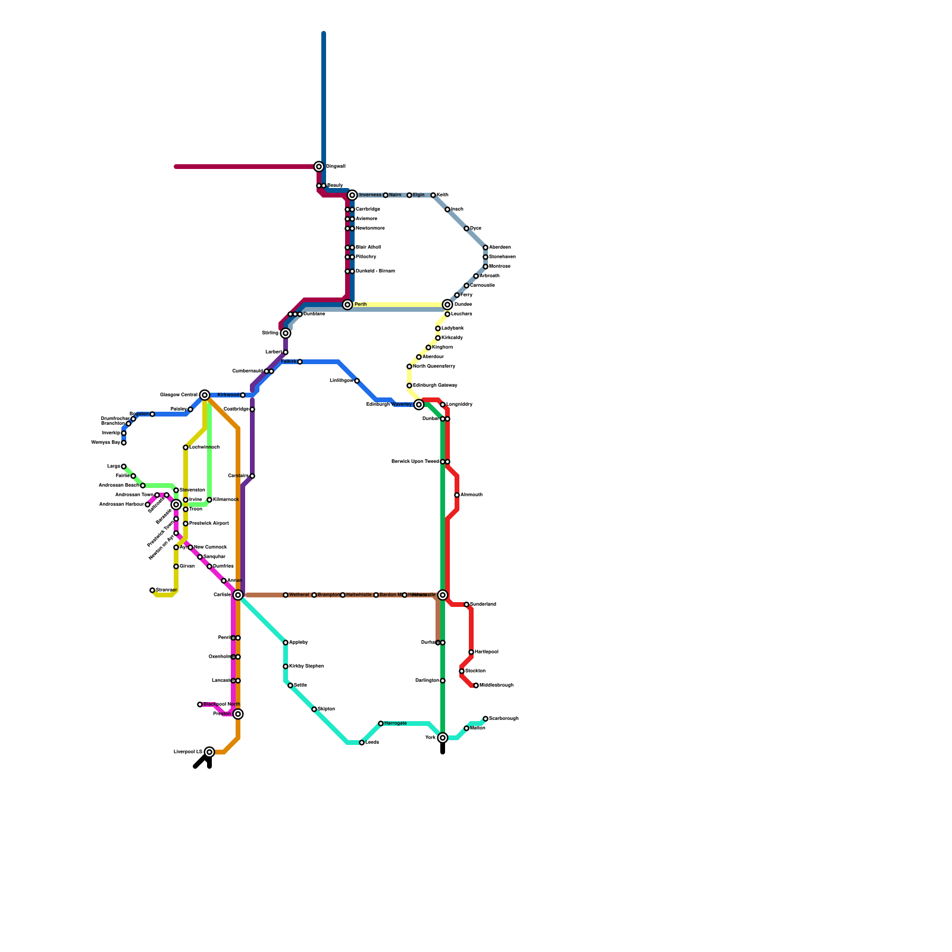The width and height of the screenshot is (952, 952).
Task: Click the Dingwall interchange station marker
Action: click(319, 167)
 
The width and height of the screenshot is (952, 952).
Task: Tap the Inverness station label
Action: click(370, 195)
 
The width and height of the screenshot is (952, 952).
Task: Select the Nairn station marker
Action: click(386, 195)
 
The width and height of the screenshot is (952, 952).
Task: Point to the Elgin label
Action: click(418, 195)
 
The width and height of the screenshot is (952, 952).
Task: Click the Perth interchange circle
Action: click(347, 305)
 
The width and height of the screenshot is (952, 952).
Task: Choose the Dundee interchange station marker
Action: click(447, 305)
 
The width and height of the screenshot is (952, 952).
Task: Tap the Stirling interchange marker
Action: click(286, 333)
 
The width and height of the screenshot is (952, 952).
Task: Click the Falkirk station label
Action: click(289, 362)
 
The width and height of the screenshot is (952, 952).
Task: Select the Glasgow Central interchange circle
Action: click(205, 395)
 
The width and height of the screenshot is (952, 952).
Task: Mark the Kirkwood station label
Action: click(228, 395)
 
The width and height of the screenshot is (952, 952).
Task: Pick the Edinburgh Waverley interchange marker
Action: click(419, 405)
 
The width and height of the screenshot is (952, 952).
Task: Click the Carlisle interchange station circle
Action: click(238, 595)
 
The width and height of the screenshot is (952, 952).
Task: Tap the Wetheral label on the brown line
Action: click(299, 595)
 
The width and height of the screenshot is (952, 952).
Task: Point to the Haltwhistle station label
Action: click(359, 595)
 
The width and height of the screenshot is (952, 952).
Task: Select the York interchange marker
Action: click(443, 738)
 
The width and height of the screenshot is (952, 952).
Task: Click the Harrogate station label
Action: click(396, 724)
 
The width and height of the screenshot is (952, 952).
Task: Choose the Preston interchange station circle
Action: click(238, 714)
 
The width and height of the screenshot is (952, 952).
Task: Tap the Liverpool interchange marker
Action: click(209, 752)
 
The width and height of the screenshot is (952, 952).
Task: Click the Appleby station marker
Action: click(286, 643)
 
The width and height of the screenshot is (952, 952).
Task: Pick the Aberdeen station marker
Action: click(486, 248)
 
